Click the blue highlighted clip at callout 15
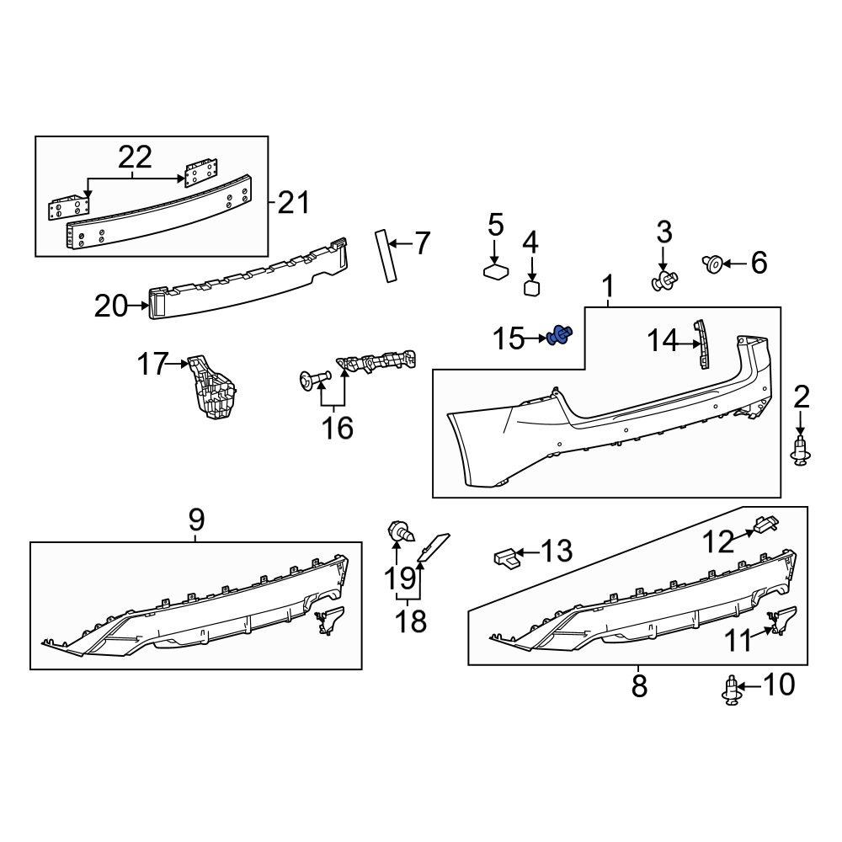(x=559, y=337)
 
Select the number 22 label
(x=135, y=157)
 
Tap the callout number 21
(x=292, y=203)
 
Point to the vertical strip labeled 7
(x=386, y=254)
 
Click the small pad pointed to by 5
(x=497, y=271)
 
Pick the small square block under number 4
(x=531, y=288)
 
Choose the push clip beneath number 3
(x=665, y=281)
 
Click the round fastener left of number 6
(x=711, y=264)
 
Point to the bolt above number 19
(x=398, y=532)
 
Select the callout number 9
(x=195, y=520)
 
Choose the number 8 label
(x=640, y=685)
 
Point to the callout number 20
(x=110, y=306)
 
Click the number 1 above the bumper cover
(x=608, y=289)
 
